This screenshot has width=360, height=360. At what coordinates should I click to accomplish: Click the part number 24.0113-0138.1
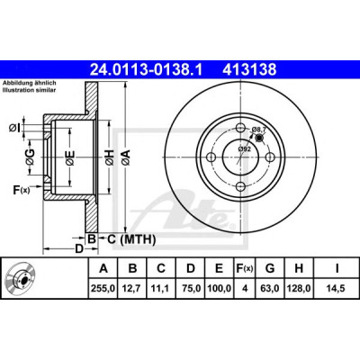click(146, 69)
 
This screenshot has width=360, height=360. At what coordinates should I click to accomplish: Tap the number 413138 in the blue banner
click(249, 69)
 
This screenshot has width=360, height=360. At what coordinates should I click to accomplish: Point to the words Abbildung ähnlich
click(30, 83)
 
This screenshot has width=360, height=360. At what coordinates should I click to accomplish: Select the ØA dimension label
click(126, 157)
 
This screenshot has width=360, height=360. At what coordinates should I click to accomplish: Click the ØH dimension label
click(110, 157)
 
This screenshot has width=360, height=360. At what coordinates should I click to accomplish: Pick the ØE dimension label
click(70, 157)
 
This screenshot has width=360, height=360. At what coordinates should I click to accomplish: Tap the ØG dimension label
click(30, 157)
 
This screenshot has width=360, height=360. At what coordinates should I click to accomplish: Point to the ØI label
click(14, 129)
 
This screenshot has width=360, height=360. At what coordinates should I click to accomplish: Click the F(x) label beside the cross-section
click(22, 190)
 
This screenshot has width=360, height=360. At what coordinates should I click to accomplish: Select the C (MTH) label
click(131, 239)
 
